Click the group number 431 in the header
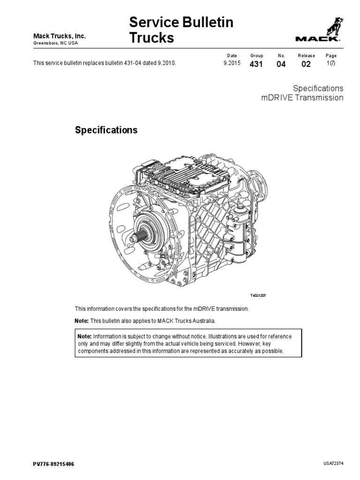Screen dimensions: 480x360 (256, 64)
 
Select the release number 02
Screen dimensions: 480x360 (306, 64)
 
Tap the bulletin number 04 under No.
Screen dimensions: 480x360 (281, 64)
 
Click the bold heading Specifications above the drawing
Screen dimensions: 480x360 (106, 130)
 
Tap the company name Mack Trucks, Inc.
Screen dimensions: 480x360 (59, 37)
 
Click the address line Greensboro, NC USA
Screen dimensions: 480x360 (55, 43)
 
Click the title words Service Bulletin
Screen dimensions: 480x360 (181, 22)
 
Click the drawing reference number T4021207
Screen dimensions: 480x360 (257, 296)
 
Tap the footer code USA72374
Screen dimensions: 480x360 (334, 463)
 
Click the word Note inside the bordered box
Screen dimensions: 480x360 (84, 337)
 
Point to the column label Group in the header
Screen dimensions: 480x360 (257, 56)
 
